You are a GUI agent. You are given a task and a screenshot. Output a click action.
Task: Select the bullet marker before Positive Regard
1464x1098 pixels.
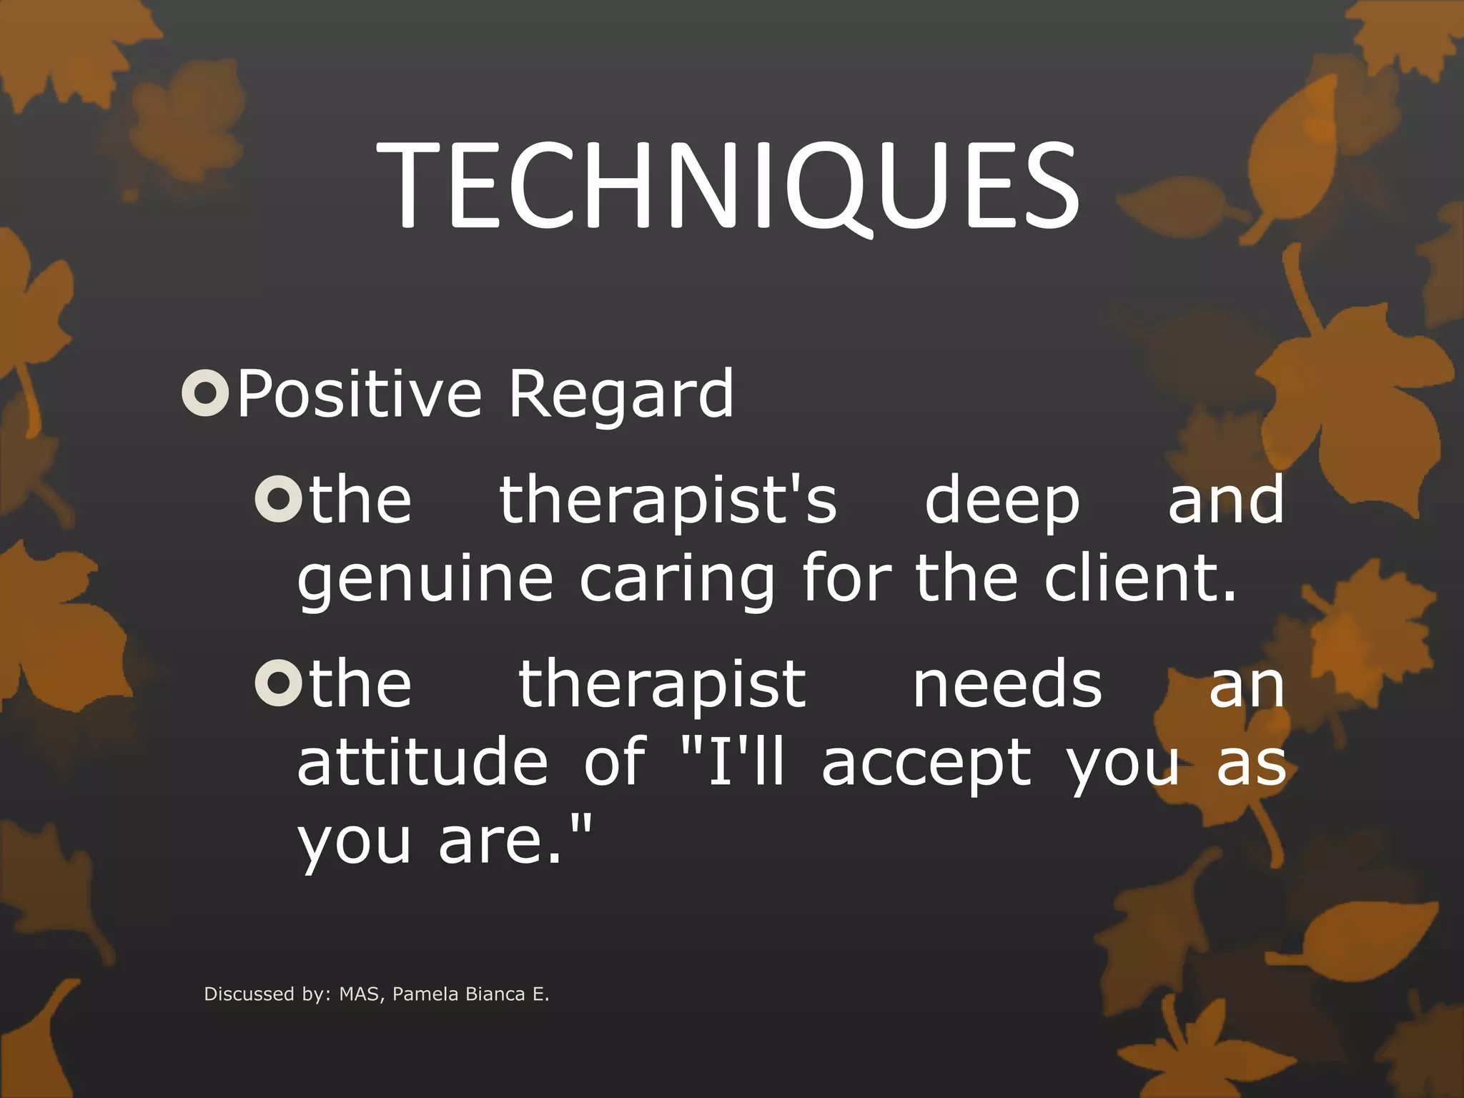point(205,392)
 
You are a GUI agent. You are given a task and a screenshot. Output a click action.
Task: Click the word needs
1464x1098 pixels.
point(1007,683)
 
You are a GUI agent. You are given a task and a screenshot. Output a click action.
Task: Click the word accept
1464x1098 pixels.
point(926,765)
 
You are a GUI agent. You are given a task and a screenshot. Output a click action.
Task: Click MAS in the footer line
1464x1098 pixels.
point(360,994)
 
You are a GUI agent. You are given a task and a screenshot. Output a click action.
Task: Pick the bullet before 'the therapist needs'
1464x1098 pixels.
point(277,683)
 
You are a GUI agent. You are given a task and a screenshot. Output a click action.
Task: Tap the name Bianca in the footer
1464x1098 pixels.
point(494,994)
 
